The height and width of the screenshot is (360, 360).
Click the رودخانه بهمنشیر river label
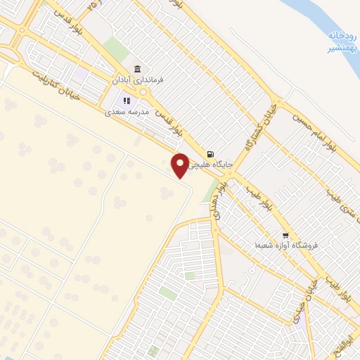(x=342, y=41)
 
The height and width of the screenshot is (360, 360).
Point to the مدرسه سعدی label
(x=127, y=111)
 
